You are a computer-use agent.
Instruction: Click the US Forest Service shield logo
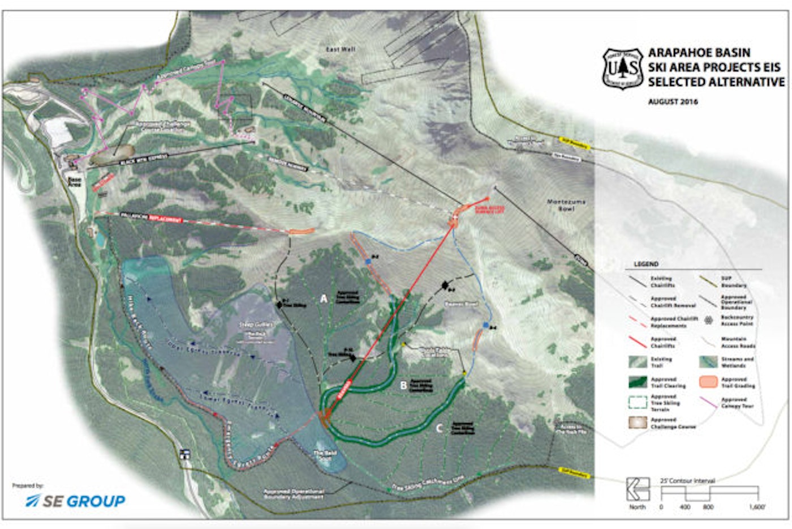623,69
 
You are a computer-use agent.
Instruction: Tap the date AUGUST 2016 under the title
673,102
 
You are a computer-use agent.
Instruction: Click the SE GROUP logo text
76,501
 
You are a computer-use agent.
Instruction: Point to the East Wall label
341,50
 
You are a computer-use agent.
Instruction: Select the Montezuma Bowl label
566,205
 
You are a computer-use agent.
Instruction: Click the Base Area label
74,182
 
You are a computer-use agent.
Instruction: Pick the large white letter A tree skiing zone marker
324,298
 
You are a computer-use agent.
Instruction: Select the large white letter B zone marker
403,385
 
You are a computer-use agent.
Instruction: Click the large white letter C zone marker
438,428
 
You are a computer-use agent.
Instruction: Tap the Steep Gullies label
256,325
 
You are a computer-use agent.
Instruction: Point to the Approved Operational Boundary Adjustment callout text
294,494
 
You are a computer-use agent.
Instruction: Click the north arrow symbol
638,489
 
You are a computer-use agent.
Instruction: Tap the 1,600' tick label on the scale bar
756,507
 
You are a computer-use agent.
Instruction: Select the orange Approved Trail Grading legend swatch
708,382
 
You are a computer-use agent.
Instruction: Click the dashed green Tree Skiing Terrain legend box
638,402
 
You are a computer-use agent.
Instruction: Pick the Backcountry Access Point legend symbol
708,321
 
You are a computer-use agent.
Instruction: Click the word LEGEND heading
645,264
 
